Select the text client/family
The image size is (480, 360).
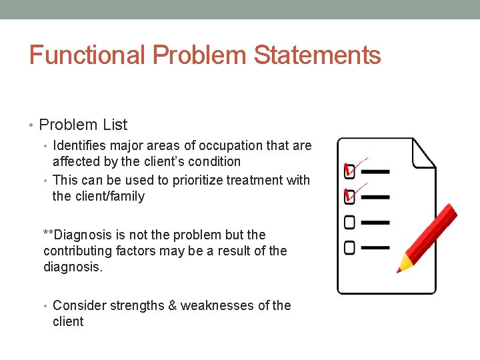110,197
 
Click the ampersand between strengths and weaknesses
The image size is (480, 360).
172,305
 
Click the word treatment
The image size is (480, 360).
255,180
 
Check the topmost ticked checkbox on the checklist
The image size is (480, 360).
349,171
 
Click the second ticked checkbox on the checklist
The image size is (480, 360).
349,196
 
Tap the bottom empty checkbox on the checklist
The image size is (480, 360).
349,247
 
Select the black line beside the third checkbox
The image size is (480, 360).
375,222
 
